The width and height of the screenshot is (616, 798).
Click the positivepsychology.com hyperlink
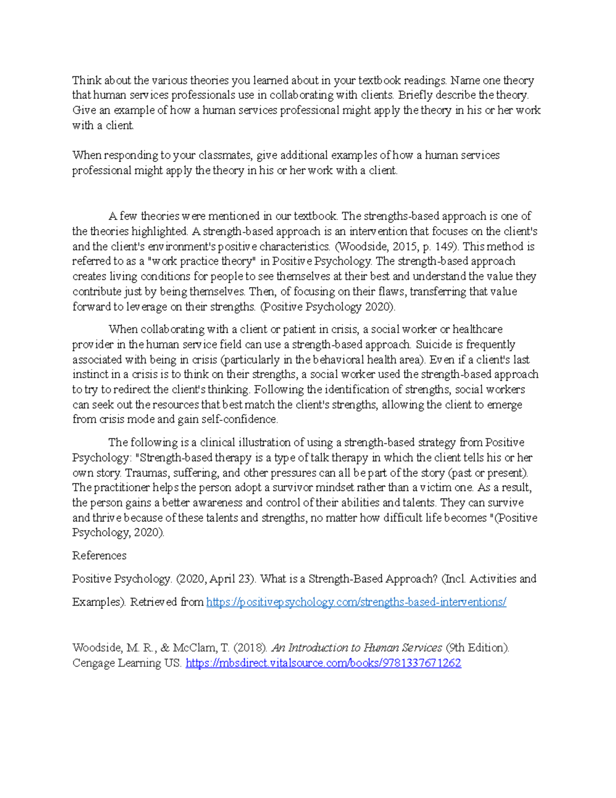356,602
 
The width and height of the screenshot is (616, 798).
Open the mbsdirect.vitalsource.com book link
323,663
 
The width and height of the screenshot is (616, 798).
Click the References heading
99,555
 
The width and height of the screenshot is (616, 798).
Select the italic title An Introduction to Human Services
356,647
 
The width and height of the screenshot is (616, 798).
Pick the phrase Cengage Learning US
126,663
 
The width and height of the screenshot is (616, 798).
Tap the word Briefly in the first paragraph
416,95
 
